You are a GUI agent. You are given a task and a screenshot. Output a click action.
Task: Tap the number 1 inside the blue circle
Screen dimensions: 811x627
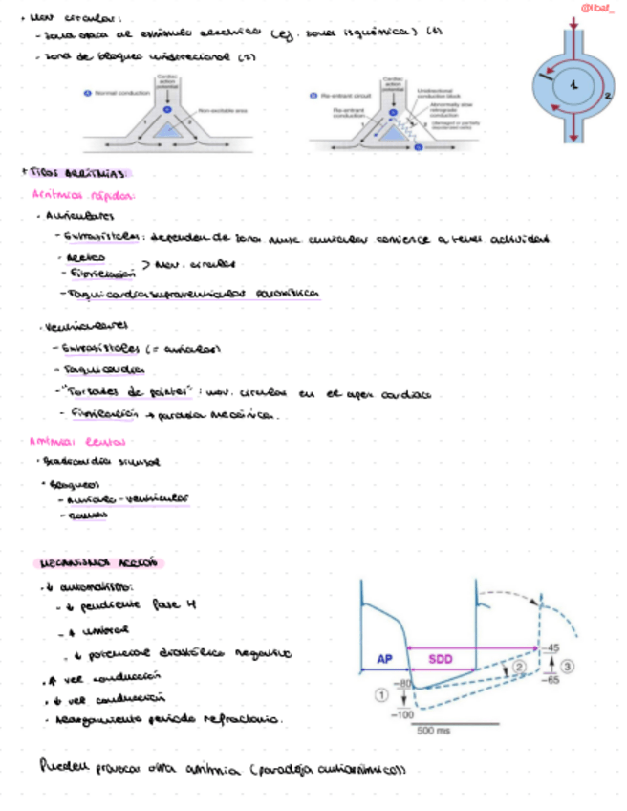point(573,87)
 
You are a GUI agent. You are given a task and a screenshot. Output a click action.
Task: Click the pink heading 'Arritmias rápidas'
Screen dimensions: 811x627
point(74,194)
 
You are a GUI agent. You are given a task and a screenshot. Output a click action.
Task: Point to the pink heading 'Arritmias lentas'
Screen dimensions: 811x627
point(71,442)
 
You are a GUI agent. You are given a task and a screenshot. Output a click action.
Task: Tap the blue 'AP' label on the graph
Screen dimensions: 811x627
point(384,659)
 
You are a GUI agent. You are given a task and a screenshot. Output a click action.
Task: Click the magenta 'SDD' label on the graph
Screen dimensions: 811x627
point(441,659)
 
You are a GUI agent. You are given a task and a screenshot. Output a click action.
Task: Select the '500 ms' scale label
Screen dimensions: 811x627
point(435,732)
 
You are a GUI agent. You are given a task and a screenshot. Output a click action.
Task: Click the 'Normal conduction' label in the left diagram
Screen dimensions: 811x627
point(119,93)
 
